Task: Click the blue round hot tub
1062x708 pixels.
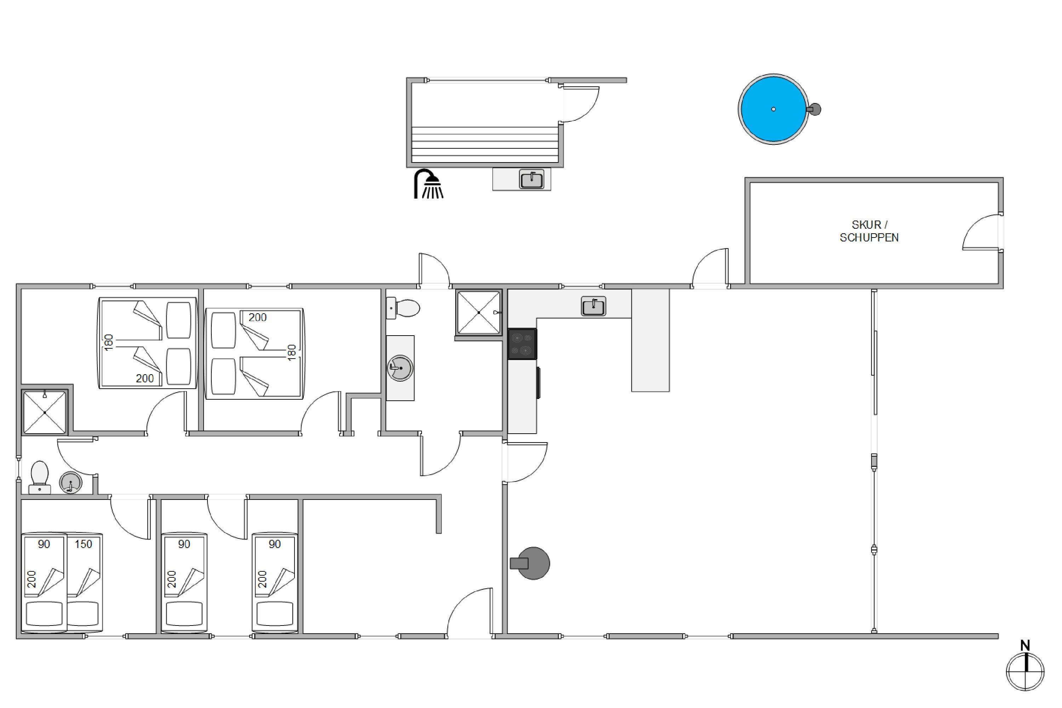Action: click(773, 109)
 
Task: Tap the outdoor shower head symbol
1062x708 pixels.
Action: click(428, 184)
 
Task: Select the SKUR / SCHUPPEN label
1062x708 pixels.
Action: click(869, 231)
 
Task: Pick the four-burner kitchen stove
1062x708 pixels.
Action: click(523, 344)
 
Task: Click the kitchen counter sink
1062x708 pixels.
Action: click(593, 307)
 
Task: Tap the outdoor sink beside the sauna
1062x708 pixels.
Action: click(532, 179)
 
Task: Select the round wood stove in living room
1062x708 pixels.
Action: click(531, 563)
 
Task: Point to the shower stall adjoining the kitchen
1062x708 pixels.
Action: click(479, 313)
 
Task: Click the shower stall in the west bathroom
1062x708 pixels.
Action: click(45, 412)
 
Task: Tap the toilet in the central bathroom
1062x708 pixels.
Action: click(403, 308)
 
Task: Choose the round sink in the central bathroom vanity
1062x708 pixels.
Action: click(400, 368)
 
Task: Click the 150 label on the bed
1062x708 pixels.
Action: click(84, 544)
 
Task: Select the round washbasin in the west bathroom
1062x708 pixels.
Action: click(70, 483)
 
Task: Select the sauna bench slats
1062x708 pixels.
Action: click(485, 144)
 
